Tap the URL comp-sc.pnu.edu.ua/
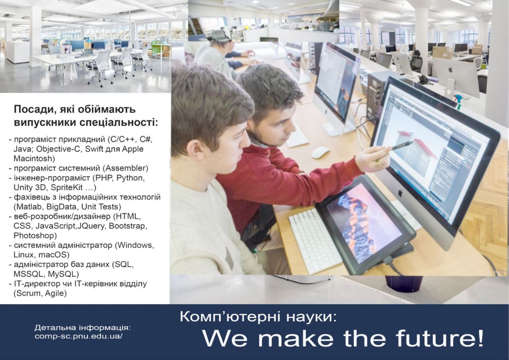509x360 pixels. pos(79,336)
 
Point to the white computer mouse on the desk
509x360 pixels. pos(321,152)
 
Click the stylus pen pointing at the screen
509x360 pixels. pos(402,145)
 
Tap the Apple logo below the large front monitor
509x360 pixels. pos(400,193)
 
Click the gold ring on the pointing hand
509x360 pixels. pos(379,163)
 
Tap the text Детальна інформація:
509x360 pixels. pos(83,328)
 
